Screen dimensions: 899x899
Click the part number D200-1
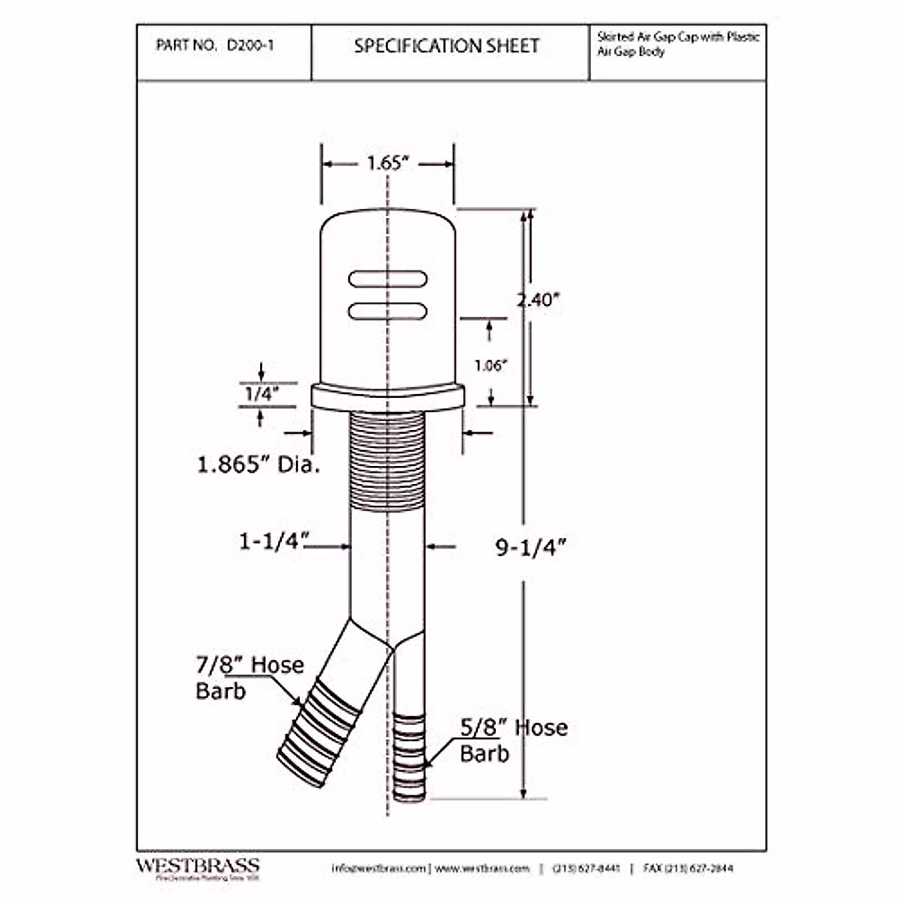click(250, 45)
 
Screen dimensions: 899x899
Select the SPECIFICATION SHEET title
click(447, 46)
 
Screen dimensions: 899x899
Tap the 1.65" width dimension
click(387, 163)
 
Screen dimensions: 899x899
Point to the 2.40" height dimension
click(539, 300)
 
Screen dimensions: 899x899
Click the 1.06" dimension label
click(491, 365)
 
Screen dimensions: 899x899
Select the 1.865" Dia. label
click(258, 464)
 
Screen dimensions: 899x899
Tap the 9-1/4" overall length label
click(530, 548)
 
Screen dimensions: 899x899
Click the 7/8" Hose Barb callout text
click(249, 677)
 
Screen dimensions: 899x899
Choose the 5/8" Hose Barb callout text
click(513, 740)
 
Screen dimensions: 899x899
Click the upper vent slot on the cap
click(387, 279)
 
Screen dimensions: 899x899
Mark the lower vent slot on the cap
click(387, 309)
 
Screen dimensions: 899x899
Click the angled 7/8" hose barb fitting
click(315, 730)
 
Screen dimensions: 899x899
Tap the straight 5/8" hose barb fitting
click(409, 757)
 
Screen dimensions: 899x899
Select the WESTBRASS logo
click(197, 867)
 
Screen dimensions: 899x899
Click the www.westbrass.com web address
click(482, 868)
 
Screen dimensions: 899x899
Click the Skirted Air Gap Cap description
click(677, 44)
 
